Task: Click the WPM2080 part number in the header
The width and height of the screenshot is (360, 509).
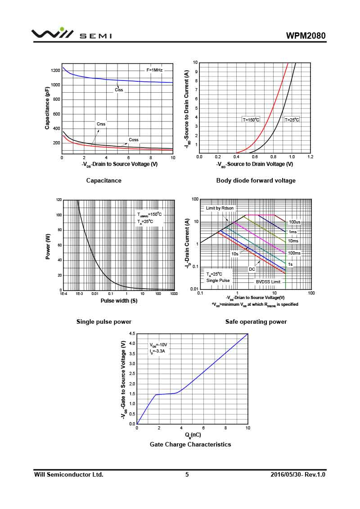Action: click(306, 36)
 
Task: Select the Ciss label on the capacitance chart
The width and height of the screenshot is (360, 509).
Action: click(119, 90)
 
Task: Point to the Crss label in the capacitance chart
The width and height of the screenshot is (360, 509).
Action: click(101, 124)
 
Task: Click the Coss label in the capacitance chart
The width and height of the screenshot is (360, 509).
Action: click(134, 140)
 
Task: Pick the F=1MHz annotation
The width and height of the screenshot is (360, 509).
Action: click(154, 70)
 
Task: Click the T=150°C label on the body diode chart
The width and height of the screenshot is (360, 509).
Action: click(251, 120)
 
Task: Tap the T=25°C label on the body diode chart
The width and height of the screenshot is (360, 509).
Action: click(292, 120)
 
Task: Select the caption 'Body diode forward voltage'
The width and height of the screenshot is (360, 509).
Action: click(256, 180)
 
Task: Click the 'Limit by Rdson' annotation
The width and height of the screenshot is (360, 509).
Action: click(220, 208)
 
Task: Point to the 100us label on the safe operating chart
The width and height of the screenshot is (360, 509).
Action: click(295, 222)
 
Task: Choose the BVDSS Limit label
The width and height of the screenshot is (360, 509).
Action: click(268, 282)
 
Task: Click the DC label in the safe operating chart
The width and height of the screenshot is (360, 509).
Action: click(252, 269)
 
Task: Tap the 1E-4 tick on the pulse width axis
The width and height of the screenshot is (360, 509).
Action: click(63, 294)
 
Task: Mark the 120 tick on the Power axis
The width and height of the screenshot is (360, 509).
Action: click(59, 200)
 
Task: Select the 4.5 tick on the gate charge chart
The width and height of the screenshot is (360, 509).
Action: click(132, 334)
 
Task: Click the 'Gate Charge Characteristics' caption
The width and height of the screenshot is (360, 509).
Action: click(190, 444)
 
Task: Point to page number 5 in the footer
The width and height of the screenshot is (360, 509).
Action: click(187, 474)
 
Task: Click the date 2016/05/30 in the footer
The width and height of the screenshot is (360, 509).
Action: click(286, 474)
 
